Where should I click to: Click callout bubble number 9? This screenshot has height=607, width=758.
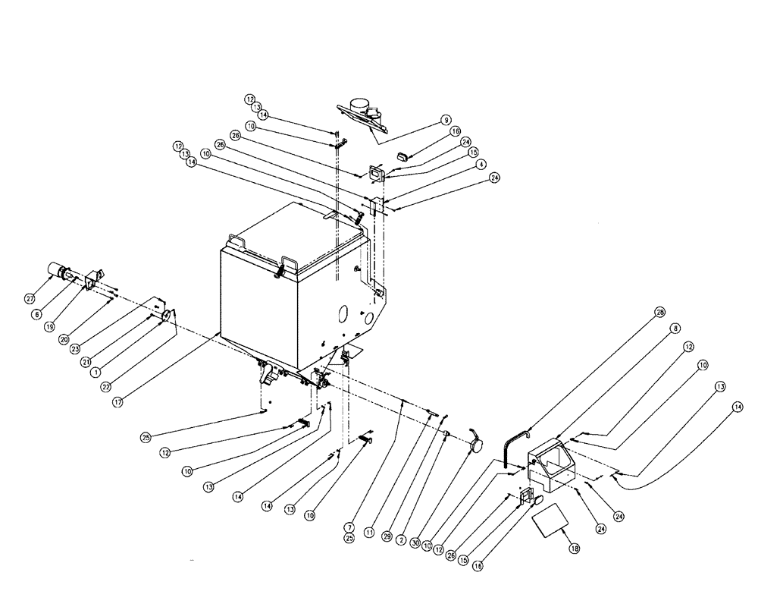click(446, 120)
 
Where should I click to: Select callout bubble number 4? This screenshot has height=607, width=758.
click(480, 164)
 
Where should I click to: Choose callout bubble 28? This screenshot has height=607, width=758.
click(659, 313)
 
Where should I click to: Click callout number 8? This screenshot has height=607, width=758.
click(675, 329)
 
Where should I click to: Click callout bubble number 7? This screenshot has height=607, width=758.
click(349, 527)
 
